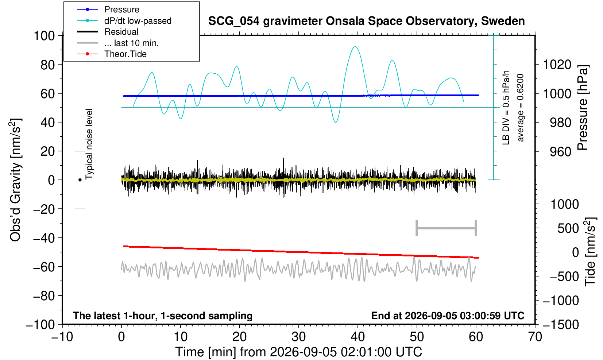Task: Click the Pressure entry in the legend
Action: click(x=122, y=10)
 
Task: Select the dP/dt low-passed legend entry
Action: click(x=138, y=21)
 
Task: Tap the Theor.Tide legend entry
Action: click(x=125, y=54)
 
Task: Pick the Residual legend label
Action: click(x=121, y=32)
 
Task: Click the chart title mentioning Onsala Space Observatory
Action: click(x=366, y=21)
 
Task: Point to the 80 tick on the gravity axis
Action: click(x=48, y=65)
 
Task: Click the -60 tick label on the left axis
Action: click(x=44, y=267)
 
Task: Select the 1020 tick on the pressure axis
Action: click(x=557, y=65)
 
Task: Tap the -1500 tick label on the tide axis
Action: click(x=560, y=325)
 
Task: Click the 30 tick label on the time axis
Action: click(x=298, y=337)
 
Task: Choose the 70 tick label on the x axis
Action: click(x=535, y=337)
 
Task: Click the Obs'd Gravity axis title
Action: click(x=15, y=180)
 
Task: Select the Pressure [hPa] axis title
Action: click(x=583, y=108)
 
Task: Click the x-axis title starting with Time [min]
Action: click(x=298, y=352)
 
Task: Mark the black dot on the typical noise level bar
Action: click(x=80, y=180)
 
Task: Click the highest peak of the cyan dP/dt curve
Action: click(x=356, y=47)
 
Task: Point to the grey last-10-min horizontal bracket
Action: click(x=447, y=228)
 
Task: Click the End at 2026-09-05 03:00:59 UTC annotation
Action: click(x=448, y=316)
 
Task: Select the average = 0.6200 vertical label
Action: click(x=521, y=108)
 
